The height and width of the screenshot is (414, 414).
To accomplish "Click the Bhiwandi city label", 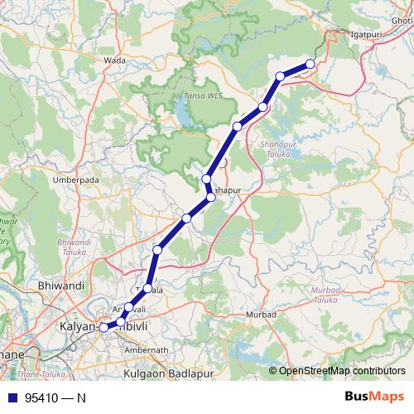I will pyautogui.click(x=62, y=286).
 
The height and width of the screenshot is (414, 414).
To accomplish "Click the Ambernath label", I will pyautogui.click(x=146, y=350).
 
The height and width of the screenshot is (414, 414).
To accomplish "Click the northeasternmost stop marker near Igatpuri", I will pyautogui.click(x=310, y=64).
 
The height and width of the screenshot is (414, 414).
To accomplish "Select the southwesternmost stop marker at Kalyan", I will pyautogui.click(x=103, y=328).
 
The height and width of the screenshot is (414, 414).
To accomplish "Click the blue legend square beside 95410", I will pyautogui.click(x=10, y=397).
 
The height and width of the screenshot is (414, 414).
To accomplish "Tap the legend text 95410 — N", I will pyautogui.click(x=55, y=397).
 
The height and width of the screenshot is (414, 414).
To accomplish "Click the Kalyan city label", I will pyautogui.click(x=78, y=327).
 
